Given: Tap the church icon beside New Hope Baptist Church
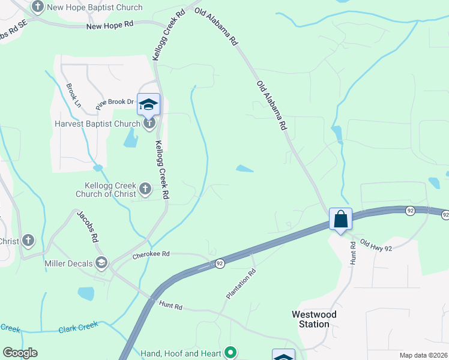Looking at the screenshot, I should (38, 7).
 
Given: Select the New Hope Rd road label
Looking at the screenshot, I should (110, 26).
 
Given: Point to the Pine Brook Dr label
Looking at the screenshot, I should (115, 102).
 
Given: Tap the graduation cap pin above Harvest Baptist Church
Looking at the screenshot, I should (148, 106).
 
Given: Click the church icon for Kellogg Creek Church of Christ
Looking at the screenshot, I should (145, 190).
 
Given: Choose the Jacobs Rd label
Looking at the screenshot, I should (86, 226).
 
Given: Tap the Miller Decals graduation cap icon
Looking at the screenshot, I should (102, 262).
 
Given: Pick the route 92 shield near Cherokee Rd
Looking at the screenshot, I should (220, 263).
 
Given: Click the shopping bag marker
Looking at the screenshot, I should (340, 220).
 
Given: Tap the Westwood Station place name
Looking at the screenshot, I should (314, 319).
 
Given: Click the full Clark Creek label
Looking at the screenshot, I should (78, 326).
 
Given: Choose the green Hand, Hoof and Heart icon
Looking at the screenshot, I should (229, 353).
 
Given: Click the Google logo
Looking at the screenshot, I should (20, 353).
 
